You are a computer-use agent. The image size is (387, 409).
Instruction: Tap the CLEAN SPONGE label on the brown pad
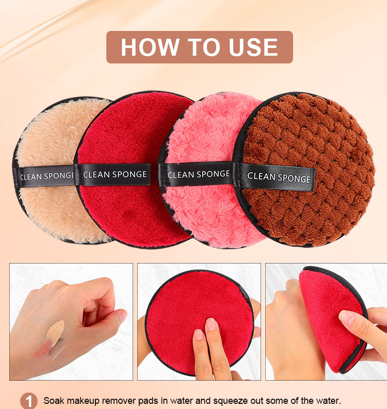279,177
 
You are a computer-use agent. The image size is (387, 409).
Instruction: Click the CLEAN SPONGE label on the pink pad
198,174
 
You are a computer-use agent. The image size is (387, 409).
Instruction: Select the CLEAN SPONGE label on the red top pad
115,174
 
